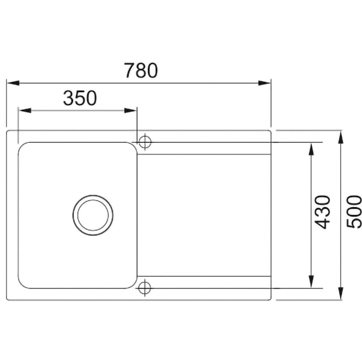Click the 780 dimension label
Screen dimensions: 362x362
[141, 70]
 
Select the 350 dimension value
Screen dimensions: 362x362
[80, 98]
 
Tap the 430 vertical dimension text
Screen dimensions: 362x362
[323, 212]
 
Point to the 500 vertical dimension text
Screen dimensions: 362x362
[354, 212]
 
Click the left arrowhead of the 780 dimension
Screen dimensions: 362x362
[13, 83]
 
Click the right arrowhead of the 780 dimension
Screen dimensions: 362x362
[264, 83]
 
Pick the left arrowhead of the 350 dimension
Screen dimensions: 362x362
[25, 110]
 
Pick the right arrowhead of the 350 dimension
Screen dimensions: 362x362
[130, 110]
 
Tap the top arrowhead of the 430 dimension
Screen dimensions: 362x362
[311, 149]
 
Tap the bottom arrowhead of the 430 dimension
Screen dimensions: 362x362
[311, 282]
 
